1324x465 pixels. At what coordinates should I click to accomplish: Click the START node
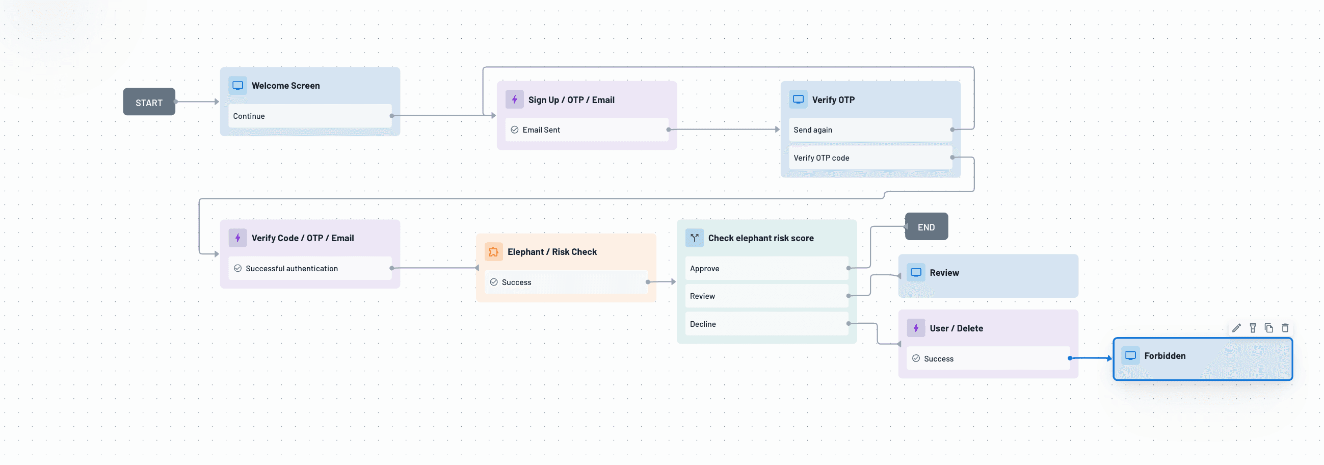click(149, 102)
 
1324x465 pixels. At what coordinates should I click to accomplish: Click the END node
click(926, 227)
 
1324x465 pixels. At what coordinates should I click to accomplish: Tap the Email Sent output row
click(586, 130)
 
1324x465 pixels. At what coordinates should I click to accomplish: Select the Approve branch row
click(766, 268)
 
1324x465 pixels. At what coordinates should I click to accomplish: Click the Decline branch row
click(766, 324)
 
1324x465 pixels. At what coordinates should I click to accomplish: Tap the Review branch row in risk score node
click(766, 296)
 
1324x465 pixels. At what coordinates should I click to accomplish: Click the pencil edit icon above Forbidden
click(1237, 328)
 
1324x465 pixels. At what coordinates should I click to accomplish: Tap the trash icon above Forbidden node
click(1285, 328)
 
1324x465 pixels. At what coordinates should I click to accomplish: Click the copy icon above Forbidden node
click(1269, 328)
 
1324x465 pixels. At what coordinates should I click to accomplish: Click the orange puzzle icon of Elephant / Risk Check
click(493, 251)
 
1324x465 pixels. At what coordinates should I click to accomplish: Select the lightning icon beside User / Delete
click(916, 328)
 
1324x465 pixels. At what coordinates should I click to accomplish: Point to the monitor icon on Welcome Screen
click(237, 85)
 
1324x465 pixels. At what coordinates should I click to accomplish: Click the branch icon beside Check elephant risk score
click(695, 238)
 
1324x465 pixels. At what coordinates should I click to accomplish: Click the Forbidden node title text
click(1164, 355)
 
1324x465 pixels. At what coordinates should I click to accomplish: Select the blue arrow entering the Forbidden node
click(1092, 358)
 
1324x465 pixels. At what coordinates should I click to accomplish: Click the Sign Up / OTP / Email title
click(571, 100)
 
